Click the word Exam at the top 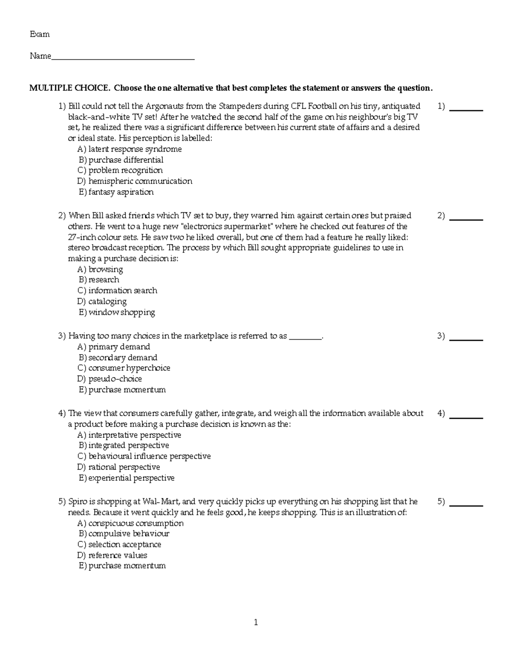click(39, 34)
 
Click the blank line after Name click(123, 57)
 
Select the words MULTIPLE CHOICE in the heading click(69, 88)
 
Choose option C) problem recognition click(120, 170)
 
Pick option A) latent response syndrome click(129, 149)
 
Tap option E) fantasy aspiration click(116, 192)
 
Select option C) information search click(117, 291)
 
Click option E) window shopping click(117, 312)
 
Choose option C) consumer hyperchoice click(124, 368)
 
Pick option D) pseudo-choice click(110, 379)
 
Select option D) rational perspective click(119, 467)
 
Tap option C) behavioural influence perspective click(144, 456)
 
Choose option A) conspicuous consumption click(130, 523)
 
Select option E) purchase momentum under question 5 click(122, 566)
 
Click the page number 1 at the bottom click(256, 623)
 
